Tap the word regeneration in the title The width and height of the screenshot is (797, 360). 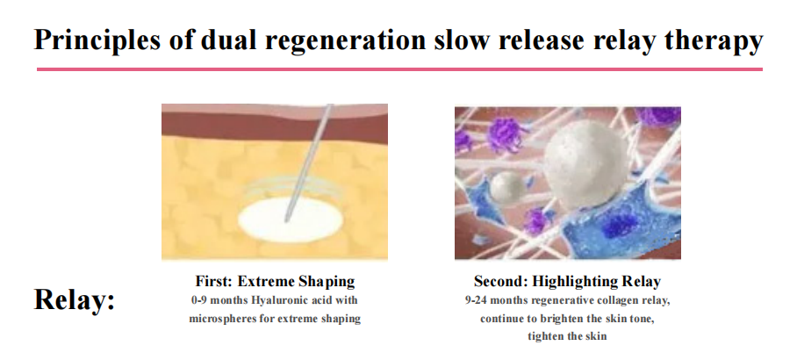(345, 40)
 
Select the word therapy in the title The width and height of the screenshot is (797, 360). (713, 40)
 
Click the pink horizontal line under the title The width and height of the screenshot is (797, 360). (399, 69)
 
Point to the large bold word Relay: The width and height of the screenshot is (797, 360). (75, 299)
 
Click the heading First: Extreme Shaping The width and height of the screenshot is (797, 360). (275, 281)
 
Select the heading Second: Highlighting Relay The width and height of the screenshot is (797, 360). (567, 281)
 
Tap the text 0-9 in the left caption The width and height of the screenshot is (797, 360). (198, 300)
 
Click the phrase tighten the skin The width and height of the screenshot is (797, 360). (567, 336)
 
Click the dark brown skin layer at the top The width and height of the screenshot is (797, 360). (275, 127)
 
